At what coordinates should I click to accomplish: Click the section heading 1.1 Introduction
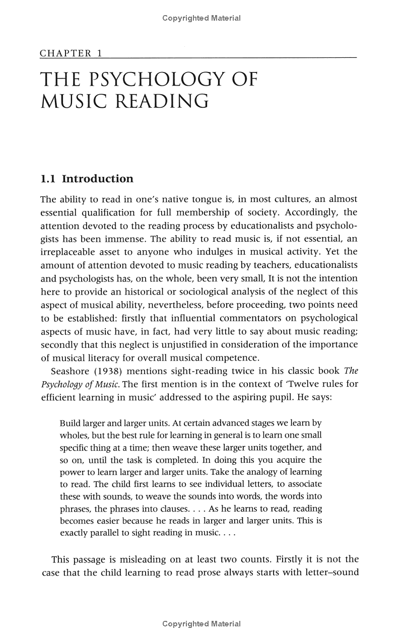click(87, 179)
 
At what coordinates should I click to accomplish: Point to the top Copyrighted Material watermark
click(201, 18)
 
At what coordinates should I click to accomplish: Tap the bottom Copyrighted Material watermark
click(201, 624)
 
